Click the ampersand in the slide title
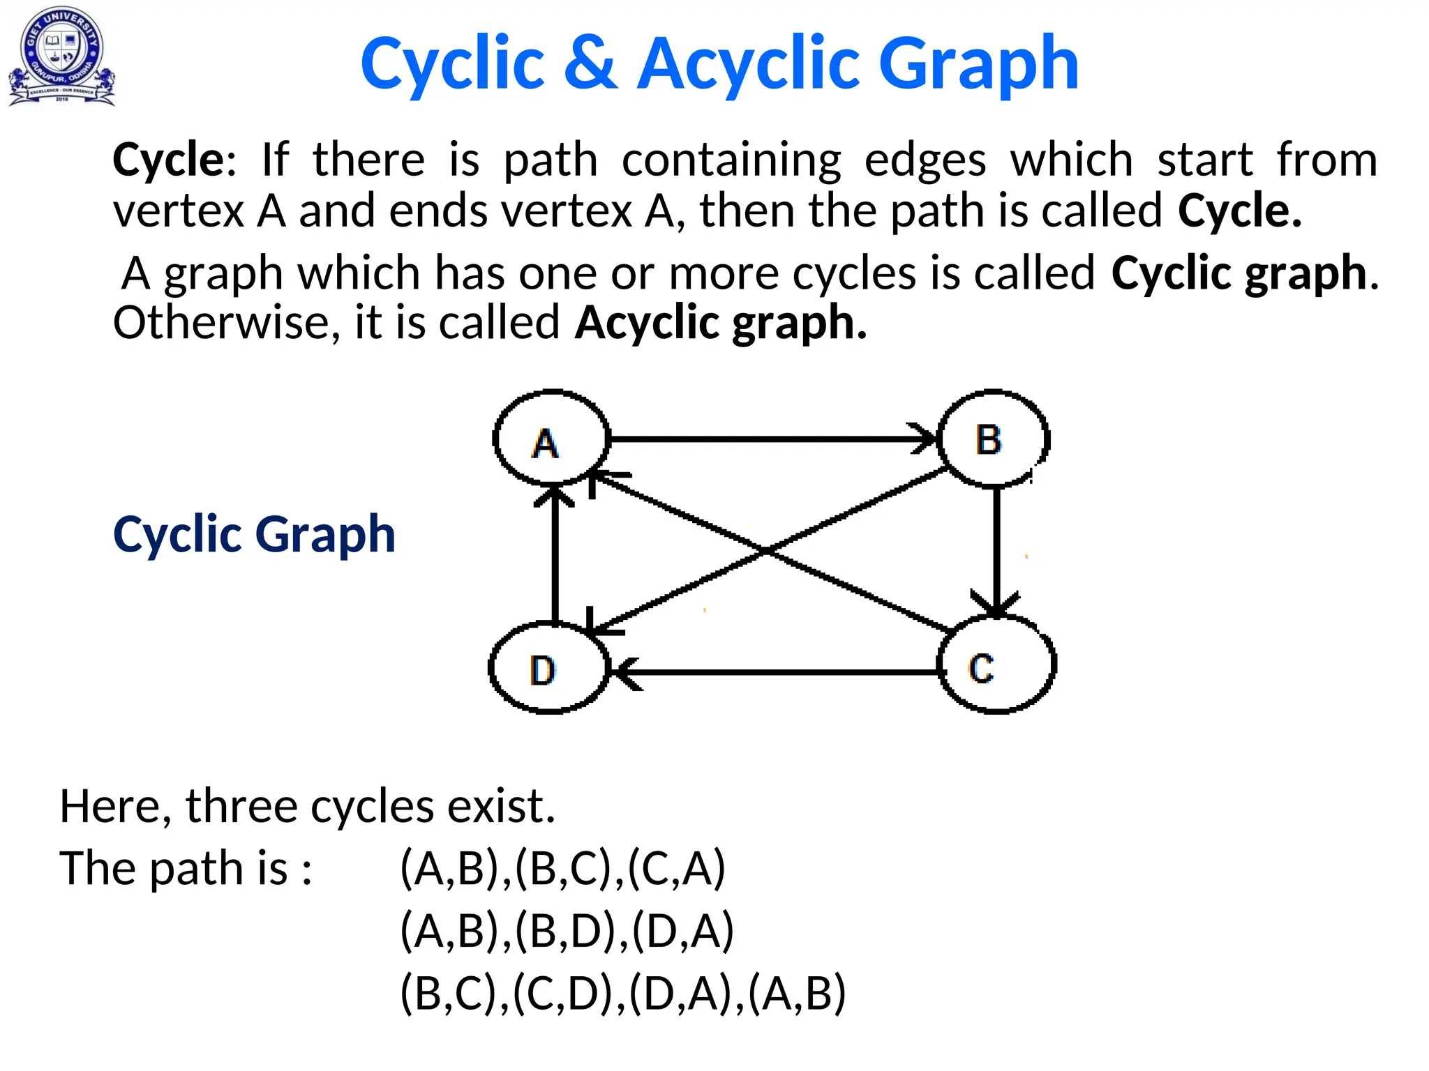click(590, 64)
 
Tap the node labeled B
click(993, 439)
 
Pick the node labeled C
click(996, 665)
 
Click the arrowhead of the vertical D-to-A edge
click(555, 494)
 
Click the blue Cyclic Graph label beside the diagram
click(254, 535)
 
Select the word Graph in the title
click(978, 64)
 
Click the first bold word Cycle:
click(174, 160)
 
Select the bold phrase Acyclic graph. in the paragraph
click(721, 323)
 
